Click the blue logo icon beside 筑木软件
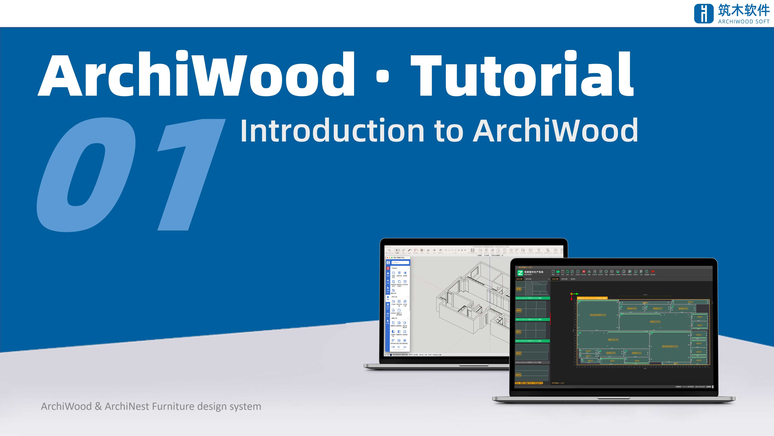pos(703,14)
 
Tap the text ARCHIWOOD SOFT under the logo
pos(744,22)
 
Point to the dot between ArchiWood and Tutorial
pos(383,76)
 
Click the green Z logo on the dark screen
pos(520,273)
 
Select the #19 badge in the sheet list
pos(519,289)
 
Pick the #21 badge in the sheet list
pos(519,332)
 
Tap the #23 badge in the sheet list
pos(519,375)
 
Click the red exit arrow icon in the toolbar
pos(653,271)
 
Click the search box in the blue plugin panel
pos(400,263)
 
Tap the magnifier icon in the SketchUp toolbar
pos(389,250)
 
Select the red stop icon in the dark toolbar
pos(584,271)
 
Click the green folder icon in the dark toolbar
pos(558,271)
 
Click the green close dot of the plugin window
pos(392,258)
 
